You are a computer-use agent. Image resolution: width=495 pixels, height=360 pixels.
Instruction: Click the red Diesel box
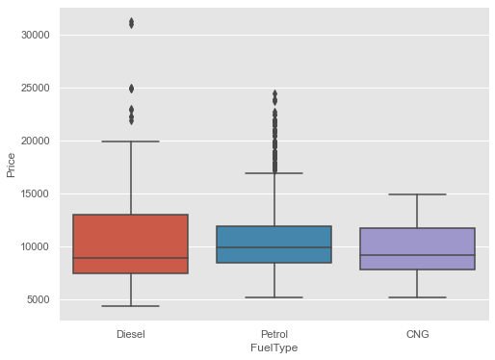point(131,236)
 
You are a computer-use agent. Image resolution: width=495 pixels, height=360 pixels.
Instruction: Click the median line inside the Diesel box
point(131,258)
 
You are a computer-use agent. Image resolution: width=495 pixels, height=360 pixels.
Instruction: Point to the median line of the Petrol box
point(274,247)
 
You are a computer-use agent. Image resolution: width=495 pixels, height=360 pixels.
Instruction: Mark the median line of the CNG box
point(418,255)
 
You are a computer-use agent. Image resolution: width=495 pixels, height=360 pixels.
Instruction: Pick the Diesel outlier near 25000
point(131,89)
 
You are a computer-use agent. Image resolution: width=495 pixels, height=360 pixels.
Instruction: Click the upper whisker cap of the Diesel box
point(131,141)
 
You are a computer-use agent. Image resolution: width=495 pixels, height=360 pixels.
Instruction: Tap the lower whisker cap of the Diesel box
point(131,306)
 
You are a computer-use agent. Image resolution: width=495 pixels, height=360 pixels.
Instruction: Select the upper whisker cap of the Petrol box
point(274,173)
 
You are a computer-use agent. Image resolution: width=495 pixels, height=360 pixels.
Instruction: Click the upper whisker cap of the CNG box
point(418,194)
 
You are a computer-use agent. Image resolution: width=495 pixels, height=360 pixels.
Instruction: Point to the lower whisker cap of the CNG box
point(418,297)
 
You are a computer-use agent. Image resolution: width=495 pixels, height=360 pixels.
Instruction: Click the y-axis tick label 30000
point(36,35)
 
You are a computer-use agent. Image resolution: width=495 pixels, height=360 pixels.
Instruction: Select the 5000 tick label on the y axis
point(39,299)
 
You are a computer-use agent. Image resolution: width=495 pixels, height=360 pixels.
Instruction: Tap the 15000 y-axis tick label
point(36,193)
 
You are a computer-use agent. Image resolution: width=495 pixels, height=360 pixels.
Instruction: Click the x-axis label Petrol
point(274,333)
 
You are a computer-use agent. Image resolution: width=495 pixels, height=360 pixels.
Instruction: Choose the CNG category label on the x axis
point(418,333)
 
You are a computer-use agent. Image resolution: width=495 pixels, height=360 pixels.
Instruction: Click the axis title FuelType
point(274,348)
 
